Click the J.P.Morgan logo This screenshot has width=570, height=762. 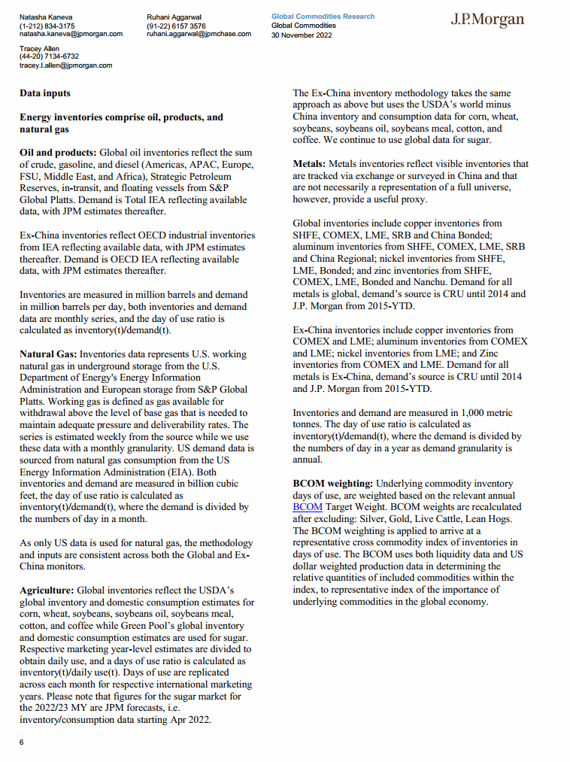click(487, 20)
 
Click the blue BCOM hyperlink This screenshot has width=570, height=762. click(307, 507)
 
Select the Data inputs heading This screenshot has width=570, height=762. click(45, 93)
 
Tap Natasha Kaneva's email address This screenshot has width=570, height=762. click(71, 34)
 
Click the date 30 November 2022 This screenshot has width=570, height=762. click(302, 34)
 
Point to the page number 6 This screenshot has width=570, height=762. click(22, 742)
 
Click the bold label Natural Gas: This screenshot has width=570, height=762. click(48, 354)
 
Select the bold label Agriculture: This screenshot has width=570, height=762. click(47, 590)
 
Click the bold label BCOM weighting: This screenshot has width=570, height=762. click(332, 483)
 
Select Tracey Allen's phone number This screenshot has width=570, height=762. click(49, 56)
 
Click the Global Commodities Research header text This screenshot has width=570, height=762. click(323, 17)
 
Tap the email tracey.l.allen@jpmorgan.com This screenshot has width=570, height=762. click(65, 65)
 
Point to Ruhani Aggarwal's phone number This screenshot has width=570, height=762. click(176, 26)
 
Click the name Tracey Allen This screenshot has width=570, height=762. click(39, 48)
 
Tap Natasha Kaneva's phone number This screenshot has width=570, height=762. click(47, 26)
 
